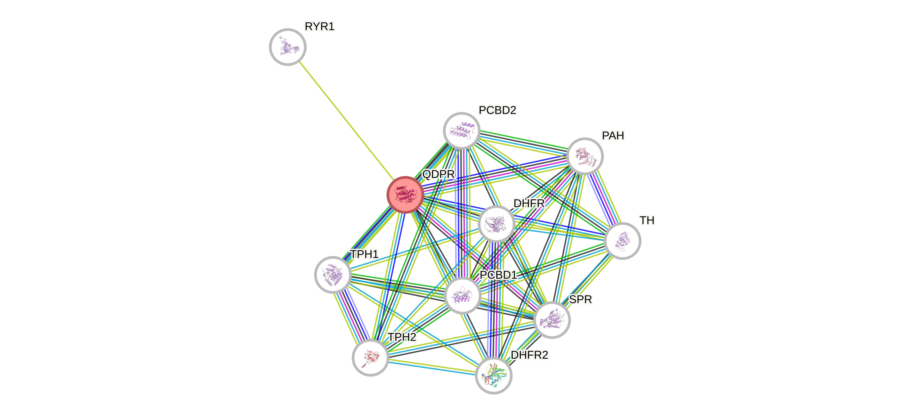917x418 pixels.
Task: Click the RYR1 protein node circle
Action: point(288,47)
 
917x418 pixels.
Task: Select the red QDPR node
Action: point(405,195)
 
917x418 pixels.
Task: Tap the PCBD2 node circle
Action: point(462,131)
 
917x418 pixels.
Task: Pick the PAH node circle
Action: point(585,156)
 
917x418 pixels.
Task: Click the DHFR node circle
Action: point(497,224)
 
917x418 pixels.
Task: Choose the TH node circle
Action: point(623,241)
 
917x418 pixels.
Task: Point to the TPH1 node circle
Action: point(333,275)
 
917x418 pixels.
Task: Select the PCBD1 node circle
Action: point(463,295)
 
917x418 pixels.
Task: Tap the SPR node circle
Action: point(552,320)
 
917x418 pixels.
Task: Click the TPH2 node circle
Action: point(370,358)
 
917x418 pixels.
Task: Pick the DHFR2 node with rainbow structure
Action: point(494,376)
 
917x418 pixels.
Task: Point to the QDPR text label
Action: point(438,174)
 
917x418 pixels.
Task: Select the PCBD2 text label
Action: point(497,110)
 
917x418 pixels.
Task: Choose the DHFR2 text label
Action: point(529,355)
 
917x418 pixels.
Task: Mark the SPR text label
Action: point(581,300)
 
